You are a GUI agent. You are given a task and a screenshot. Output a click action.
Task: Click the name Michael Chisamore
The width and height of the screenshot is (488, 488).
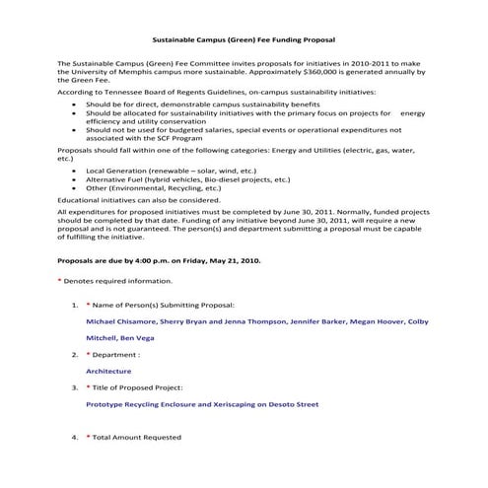pos(123,321)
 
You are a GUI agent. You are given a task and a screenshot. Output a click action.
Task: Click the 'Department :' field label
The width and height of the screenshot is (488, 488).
pos(118,354)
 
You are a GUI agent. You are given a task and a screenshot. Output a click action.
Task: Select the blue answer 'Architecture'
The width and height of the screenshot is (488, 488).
pos(108,371)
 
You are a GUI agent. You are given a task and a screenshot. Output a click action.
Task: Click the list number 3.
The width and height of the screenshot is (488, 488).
pos(75,387)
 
